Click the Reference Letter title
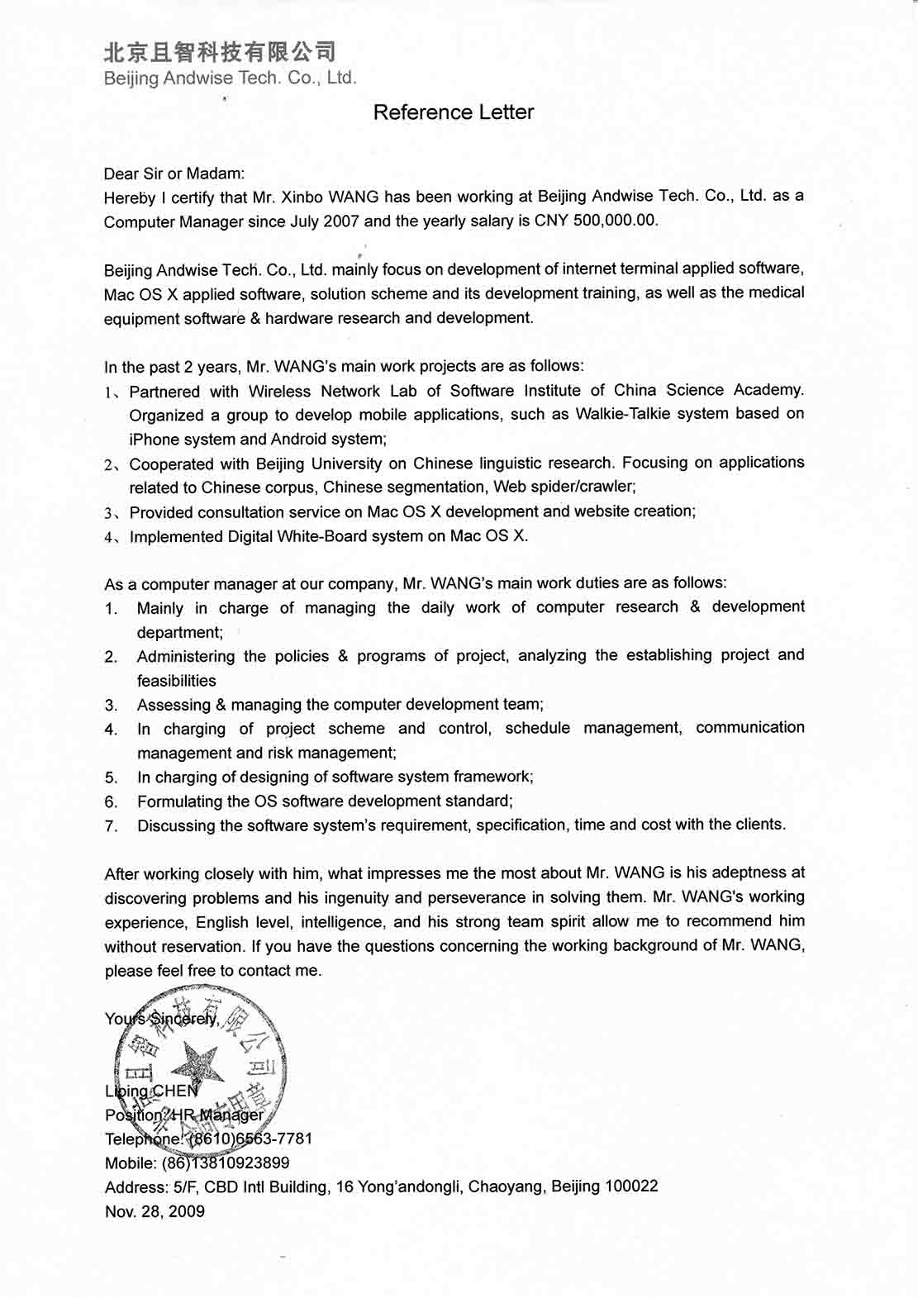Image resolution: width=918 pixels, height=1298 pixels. [x=454, y=112]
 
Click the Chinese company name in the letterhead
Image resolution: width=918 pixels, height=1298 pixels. [x=219, y=52]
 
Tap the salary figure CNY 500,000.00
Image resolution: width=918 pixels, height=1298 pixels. [x=596, y=221]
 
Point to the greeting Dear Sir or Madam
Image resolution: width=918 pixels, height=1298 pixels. [x=174, y=174]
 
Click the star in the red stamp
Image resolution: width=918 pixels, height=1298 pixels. [x=201, y=1063]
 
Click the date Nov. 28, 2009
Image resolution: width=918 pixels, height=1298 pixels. [x=155, y=1211]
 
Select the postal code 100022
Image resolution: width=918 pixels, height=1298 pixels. [x=631, y=1186]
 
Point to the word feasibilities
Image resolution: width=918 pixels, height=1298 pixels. [x=176, y=680]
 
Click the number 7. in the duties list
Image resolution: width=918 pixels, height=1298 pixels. [x=112, y=825]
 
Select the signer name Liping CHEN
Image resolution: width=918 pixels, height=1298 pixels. [x=152, y=1091]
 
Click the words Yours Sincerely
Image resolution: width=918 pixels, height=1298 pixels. [x=162, y=1019]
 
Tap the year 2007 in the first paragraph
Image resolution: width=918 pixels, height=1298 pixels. [x=341, y=221]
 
